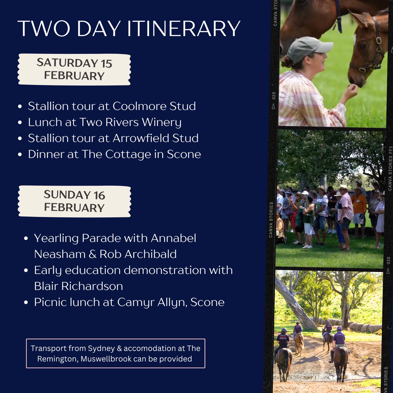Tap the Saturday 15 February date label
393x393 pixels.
coord(74,69)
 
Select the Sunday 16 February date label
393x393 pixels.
coord(74,201)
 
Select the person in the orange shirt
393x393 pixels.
coord(359,205)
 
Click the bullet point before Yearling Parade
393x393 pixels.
coord(26,238)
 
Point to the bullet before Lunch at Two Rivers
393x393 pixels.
coord(20,122)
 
